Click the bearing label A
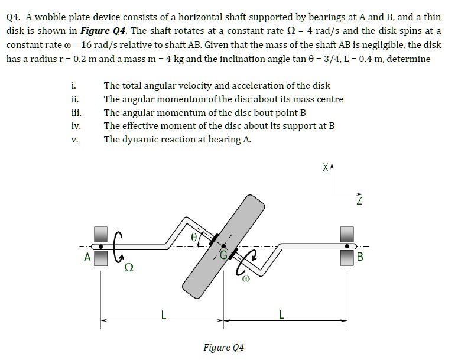[x=87, y=257]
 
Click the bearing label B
[x=360, y=257]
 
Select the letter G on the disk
[x=223, y=255]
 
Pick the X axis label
[x=323, y=168]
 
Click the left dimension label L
[x=163, y=314]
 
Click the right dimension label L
[x=281, y=314]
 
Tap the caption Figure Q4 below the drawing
[x=223, y=347]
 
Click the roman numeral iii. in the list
[x=76, y=113]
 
